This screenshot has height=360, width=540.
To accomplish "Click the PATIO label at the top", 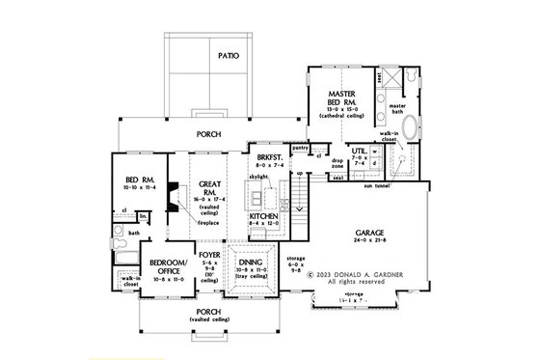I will point(229,56).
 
